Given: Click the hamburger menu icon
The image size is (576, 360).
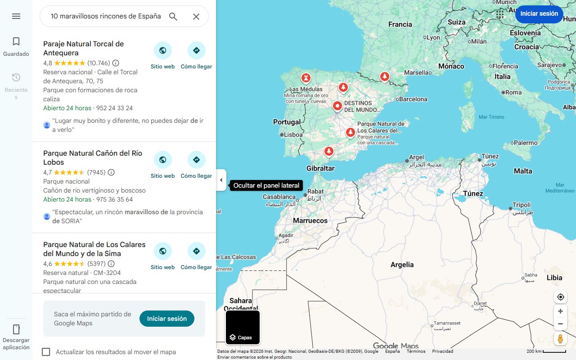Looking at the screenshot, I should [x=16, y=16].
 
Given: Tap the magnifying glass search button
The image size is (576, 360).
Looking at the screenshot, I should [x=173, y=17].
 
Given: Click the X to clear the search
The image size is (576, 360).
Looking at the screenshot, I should [x=196, y=17].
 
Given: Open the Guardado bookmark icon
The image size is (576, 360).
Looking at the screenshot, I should [x=16, y=42].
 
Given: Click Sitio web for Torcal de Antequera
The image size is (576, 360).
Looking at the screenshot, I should [x=162, y=51].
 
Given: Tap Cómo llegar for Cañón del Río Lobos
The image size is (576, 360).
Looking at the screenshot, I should [x=196, y=160].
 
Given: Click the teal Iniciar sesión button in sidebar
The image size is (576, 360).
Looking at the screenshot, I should [x=166, y=319].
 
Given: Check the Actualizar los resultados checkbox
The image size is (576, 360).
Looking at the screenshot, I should [x=46, y=352].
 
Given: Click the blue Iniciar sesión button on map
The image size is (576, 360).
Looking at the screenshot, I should [x=539, y=13].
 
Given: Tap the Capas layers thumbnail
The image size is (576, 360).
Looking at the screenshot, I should [x=243, y=327].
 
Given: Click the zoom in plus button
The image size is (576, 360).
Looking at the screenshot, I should [x=560, y=311].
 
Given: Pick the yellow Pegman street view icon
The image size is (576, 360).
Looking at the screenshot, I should [x=560, y=338].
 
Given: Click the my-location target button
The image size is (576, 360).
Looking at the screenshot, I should [x=560, y=297].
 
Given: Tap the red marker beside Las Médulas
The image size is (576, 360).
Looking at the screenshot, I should [x=306, y=78].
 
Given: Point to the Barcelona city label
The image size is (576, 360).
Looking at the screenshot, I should [x=413, y=99].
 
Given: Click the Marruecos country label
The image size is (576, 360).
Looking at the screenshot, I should [x=310, y=220].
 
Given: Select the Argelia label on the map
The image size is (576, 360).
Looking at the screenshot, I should [x=402, y=265].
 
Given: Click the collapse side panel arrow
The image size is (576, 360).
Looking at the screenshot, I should [x=221, y=180].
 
